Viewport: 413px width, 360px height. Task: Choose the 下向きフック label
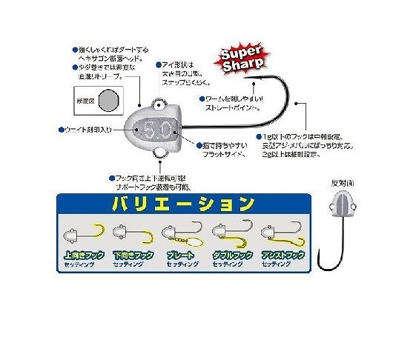[133, 255]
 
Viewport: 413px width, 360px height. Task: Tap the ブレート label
[181, 255]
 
